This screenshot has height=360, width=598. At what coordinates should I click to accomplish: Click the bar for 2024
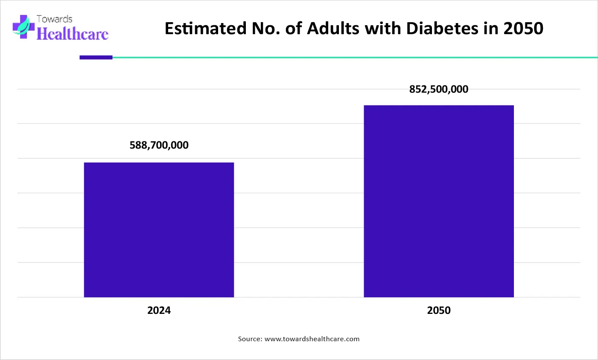159,230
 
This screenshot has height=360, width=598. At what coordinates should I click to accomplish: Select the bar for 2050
439,201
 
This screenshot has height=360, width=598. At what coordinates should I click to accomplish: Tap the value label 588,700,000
159,145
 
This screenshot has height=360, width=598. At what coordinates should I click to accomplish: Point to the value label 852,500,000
439,89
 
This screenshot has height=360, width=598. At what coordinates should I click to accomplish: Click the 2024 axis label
159,310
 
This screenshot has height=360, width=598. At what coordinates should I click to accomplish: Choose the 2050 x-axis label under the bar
439,310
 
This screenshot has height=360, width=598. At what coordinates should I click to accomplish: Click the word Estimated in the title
205,28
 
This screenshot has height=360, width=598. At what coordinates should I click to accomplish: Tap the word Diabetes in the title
442,28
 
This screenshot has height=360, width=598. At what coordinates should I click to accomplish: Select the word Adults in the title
333,28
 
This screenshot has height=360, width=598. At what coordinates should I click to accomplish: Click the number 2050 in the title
523,28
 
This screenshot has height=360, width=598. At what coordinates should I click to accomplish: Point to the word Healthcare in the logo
72,34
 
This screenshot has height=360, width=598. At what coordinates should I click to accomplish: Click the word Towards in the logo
55,19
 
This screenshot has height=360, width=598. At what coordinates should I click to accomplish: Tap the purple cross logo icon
23,26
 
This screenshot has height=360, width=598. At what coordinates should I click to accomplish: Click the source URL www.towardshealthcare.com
312,339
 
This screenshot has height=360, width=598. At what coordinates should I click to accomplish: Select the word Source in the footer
250,339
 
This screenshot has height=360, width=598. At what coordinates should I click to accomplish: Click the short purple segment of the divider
96,57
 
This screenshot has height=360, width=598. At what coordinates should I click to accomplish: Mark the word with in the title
382,28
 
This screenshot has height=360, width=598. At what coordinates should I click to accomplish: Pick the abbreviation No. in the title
265,28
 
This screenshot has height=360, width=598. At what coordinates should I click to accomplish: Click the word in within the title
491,28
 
